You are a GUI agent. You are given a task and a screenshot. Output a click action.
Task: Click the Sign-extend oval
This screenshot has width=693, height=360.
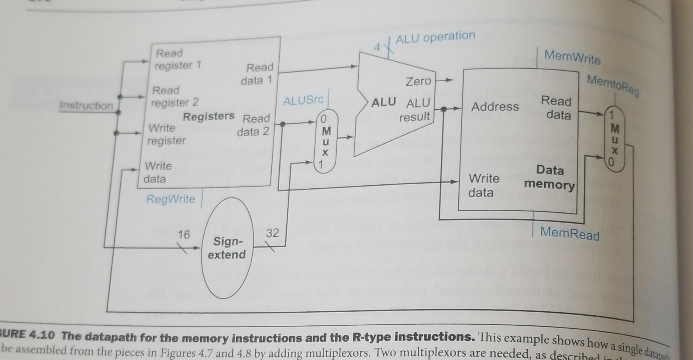(226, 248)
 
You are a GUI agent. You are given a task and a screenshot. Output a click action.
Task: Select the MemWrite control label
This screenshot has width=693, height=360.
(572, 57)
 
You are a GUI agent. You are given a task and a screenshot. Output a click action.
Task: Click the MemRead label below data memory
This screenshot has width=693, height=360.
(570, 233)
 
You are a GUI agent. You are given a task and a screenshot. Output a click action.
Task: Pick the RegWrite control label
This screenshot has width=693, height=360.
(170, 199)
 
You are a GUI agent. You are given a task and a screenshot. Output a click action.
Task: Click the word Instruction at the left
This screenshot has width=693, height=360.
(86, 106)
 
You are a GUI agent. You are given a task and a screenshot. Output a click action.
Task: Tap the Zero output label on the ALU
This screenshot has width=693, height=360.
(418, 81)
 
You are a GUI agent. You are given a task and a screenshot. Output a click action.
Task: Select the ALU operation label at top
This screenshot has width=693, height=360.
(435, 37)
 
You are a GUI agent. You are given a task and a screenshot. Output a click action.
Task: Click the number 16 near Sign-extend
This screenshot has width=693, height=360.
(184, 234)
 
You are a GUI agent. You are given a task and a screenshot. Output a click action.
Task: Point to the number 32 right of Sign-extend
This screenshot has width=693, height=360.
(273, 233)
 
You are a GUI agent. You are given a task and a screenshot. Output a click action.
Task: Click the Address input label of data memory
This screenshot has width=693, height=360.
(495, 106)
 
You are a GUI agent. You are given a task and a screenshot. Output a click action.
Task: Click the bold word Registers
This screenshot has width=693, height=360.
(209, 116)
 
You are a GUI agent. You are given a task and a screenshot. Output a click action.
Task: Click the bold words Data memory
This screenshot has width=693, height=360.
(549, 177)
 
